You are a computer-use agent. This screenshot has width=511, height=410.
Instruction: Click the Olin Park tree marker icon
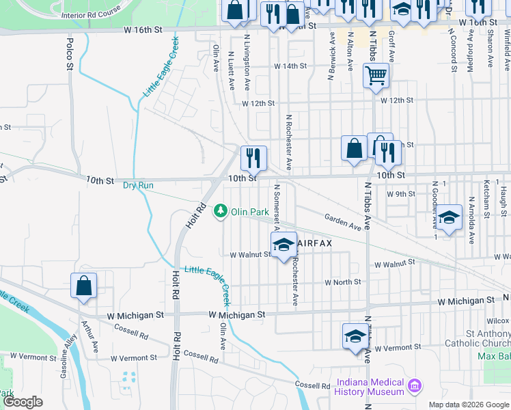[221, 212]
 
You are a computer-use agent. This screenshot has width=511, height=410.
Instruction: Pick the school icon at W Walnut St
[284, 243]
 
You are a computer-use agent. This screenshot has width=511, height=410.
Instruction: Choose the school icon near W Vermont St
[355, 336]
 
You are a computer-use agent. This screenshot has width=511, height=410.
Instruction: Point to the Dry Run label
[138, 185]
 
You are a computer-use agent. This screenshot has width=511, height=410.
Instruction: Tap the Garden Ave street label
[343, 221]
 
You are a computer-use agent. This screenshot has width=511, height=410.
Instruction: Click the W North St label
[342, 282]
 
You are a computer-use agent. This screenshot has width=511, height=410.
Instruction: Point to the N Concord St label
[453, 50]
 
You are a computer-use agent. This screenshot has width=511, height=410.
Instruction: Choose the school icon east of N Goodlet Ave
[449, 219]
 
